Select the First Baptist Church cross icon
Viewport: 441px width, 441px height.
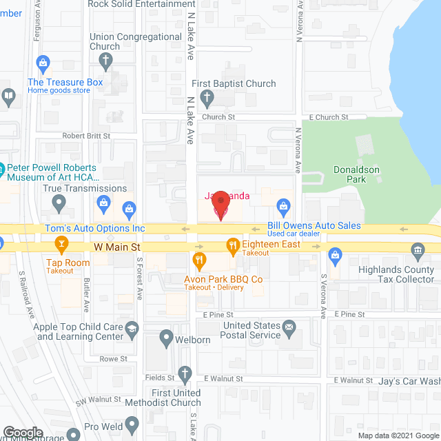point(207,99)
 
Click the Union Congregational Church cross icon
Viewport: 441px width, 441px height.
point(105,60)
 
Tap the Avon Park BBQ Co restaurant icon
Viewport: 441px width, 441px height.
point(200,259)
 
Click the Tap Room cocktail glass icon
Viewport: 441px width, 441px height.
point(61,245)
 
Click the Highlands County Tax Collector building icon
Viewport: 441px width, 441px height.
point(417,249)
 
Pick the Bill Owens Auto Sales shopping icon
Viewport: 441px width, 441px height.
point(282,205)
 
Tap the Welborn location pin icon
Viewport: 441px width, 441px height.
point(165,338)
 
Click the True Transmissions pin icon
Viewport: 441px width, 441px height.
point(59,203)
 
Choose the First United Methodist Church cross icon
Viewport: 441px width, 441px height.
point(184,374)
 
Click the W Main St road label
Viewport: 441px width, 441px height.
point(117,246)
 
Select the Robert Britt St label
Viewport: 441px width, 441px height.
point(86,136)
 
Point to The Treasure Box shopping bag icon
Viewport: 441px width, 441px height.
point(43,65)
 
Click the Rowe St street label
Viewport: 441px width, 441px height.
point(114,359)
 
